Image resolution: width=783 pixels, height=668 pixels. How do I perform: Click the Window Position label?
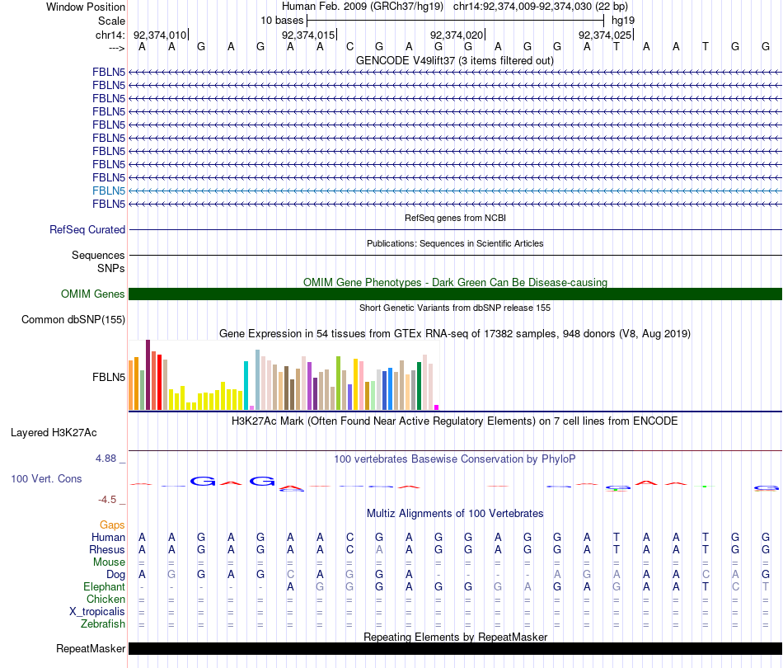click(x=86, y=7)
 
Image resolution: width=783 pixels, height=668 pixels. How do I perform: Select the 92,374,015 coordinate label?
click(x=308, y=35)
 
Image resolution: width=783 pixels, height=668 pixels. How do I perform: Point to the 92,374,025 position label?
click(x=605, y=35)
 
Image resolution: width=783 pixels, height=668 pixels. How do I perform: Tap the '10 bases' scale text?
click(x=282, y=20)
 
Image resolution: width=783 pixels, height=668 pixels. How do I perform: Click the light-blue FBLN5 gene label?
click(x=109, y=191)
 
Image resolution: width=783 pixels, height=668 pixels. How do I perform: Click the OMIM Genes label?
click(x=93, y=294)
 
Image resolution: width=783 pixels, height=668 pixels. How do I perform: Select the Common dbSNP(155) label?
click(x=73, y=319)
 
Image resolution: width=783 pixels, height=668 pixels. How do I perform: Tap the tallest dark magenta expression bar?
click(x=148, y=374)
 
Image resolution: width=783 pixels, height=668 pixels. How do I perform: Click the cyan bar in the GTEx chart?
click(x=246, y=385)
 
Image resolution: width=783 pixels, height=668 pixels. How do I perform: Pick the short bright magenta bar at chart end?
click(x=436, y=407)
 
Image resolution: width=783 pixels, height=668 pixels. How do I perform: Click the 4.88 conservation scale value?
click(x=110, y=459)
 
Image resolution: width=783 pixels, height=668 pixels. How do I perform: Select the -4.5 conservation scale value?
click(x=110, y=499)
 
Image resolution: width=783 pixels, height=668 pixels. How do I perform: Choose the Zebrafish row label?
click(x=103, y=623)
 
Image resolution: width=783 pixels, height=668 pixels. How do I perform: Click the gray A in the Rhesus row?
click(x=379, y=549)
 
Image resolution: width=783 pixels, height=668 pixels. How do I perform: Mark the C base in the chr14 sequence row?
click(x=349, y=47)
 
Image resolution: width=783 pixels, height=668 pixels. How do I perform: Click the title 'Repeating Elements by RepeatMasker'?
click(x=456, y=637)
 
